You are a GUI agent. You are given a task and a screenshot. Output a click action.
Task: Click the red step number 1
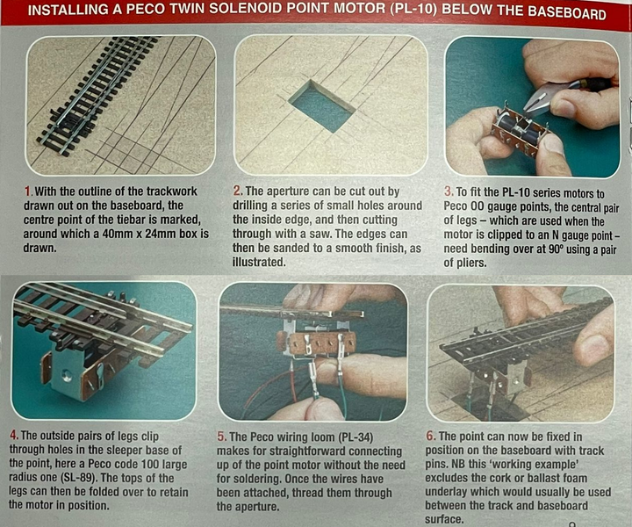coord(27,191)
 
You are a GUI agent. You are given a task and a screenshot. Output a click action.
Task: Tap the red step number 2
coord(237,191)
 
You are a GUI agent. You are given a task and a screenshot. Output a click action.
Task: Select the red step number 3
coord(448,192)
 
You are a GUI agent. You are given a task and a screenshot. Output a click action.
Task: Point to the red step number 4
coord(14,436)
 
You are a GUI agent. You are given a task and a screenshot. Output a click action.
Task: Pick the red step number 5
coord(221,437)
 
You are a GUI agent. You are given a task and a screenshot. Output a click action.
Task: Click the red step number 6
coord(430,437)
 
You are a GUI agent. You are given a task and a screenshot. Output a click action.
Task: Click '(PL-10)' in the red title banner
coord(413,10)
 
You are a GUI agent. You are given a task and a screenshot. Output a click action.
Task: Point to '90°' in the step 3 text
coord(557,249)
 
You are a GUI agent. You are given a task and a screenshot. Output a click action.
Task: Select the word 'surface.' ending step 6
coord(444,519)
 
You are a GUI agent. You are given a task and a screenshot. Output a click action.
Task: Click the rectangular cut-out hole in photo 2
coord(322,107)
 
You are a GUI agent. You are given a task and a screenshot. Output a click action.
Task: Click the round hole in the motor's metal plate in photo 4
coord(67,376)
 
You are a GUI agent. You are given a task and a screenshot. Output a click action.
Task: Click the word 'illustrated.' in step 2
coord(259,262)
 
